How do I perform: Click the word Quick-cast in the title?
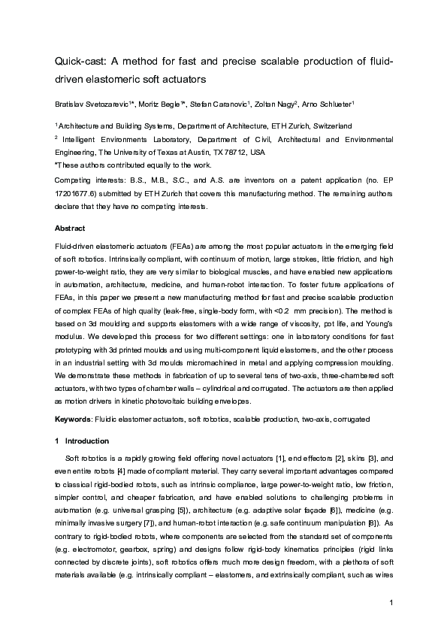[x=78, y=60]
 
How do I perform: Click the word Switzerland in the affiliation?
[x=330, y=126]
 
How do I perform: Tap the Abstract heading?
[x=71, y=227]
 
